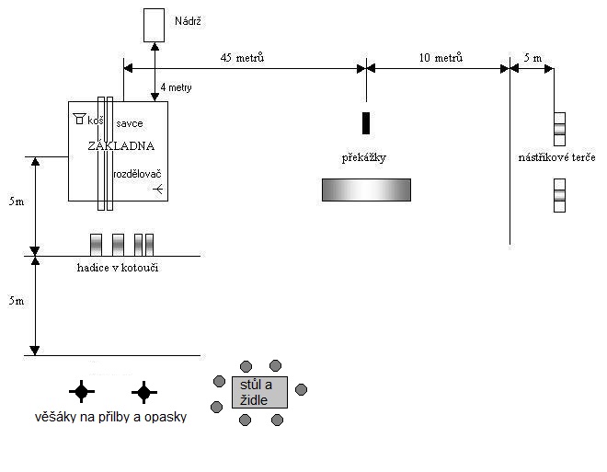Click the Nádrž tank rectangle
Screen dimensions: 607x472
[x=155, y=25]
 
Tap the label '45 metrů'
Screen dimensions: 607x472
[x=242, y=58]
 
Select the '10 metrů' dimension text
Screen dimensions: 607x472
[x=441, y=58]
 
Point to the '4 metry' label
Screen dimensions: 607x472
[x=177, y=87]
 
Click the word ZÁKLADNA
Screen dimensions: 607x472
[x=121, y=145]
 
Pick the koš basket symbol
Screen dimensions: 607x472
[x=79, y=119]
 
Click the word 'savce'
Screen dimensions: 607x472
[x=130, y=123]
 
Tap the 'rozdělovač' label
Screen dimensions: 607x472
[x=137, y=174]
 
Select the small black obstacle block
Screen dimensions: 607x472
[x=366, y=123]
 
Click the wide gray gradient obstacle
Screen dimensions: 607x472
[x=366, y=190]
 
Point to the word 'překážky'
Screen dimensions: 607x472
[x=364, y=157]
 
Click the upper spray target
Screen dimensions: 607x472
[x=559, y=129]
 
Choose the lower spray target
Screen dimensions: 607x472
[x=559, y=195]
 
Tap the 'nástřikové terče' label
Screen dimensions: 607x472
[x=556, y=157]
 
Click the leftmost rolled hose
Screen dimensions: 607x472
[x=96, y=245]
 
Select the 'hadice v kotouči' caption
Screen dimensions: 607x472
[x=118, y=268]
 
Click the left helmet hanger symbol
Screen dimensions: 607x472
[x=82, y=391]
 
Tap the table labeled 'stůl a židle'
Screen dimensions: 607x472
[x=259, y=392]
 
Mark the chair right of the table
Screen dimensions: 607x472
[x=301, y=389]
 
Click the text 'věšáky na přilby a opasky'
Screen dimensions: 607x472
[x=110, y=417]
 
